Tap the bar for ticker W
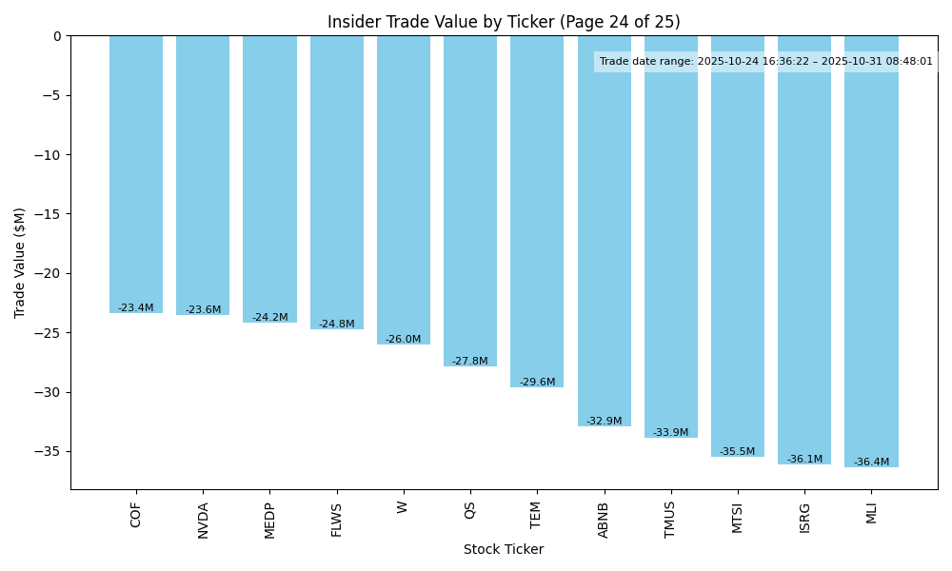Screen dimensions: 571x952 point(404,189)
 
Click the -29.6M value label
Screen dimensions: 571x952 point(537,383)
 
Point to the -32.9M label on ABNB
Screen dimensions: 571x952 point(604,422)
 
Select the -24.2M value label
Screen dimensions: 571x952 point(269,318)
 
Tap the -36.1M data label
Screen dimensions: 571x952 point(804,460)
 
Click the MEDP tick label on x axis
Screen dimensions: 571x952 point(270,521)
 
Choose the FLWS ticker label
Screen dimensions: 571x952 point(337,520)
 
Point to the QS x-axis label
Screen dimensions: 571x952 point(470,510)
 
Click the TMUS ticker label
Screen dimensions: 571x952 point(671,520)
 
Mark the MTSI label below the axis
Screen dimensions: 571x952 point(738,518)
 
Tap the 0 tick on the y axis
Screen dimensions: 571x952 point(57,36)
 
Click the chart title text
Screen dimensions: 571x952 point(504,22)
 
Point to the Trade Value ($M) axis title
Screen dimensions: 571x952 point(20,262)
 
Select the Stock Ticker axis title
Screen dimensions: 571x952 point(504,549)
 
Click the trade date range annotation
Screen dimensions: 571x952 point(766,62)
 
